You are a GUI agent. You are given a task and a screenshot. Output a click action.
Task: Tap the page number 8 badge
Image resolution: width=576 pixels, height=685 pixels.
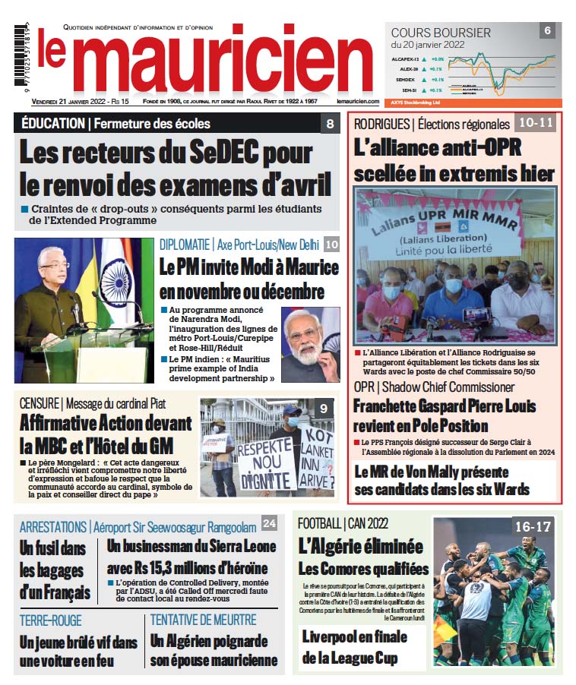click(x=329, y=124)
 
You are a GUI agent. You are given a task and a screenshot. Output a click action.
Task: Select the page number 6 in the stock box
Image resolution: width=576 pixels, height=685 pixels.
click(x=547, y=31)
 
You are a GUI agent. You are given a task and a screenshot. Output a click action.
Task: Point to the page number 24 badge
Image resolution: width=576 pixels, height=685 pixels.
click(x=269, y=524)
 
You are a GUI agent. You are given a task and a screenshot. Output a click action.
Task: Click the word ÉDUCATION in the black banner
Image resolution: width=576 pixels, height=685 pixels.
click(x=52, y=124)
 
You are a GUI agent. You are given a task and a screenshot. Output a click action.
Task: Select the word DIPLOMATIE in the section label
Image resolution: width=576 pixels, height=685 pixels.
click(x=185, y=245)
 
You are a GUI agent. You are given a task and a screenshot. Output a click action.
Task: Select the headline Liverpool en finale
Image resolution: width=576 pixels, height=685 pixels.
click(x=355, y=636)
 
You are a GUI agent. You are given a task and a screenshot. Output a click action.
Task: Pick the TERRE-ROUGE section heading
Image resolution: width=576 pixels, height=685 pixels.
click(x=51, y=620)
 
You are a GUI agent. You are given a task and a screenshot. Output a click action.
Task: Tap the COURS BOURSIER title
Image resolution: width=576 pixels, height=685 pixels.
click(x=440, y=33)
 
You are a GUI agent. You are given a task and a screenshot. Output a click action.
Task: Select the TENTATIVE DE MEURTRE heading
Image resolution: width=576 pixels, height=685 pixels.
click(x=203, y=620)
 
